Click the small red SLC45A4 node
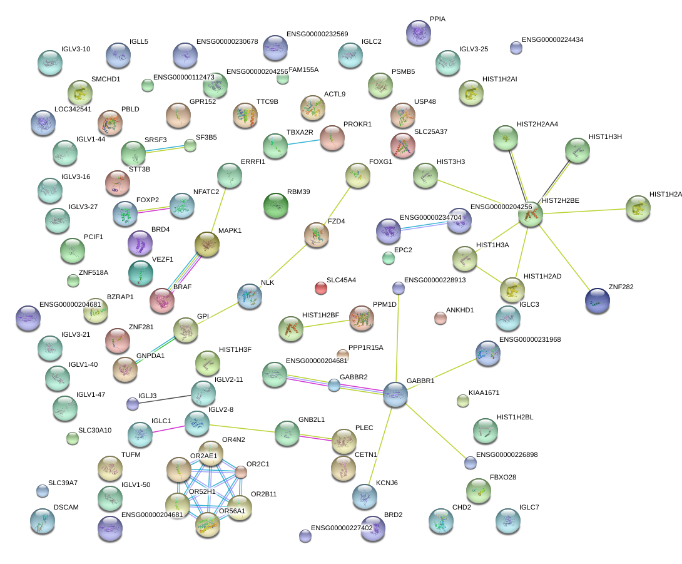point(320,288)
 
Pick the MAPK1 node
point(206,244)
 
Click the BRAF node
point(162,300)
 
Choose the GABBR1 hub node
point(395,394)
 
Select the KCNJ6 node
point(364,496)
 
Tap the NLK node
point(249,295)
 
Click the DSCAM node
point(42,521)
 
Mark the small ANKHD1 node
point(440,318)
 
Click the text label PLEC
point(364,428)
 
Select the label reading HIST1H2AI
point(500,79)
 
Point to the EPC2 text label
point(404,250)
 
